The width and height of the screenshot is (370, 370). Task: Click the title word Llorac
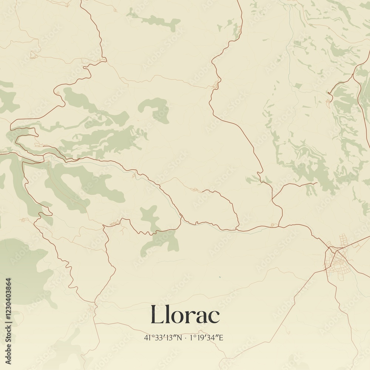tap(185, 315)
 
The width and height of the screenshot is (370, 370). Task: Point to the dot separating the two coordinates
tap(186, 337)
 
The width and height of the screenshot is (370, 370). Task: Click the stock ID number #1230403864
tap(9, 300)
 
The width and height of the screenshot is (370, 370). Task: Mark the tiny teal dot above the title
tap(219, 276)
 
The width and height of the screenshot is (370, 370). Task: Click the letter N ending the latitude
tap(179, 337)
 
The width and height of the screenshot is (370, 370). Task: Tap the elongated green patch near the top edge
tap(155, 20)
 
